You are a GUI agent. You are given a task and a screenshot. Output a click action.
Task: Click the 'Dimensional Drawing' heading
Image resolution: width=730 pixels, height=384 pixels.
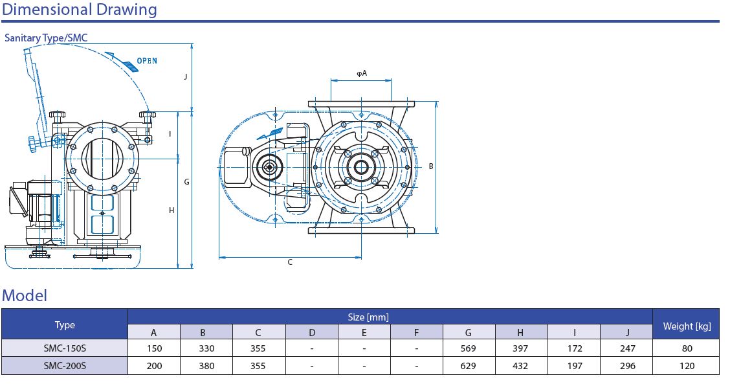[80, 10]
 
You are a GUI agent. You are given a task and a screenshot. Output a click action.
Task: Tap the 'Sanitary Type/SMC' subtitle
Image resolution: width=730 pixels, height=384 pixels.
[46, 38]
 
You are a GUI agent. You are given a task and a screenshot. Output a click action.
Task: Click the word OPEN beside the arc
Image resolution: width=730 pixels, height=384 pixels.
[147, 61]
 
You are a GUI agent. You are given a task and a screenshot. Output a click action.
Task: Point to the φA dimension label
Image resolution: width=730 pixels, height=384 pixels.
[362, 73]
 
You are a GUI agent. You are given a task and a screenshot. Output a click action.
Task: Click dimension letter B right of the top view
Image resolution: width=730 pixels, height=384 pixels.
[431, 166]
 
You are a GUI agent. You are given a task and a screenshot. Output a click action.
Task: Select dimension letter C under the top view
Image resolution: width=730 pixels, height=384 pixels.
[290, 262]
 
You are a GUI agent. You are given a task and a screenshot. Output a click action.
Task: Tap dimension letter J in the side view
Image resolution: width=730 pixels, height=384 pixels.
[186, 76]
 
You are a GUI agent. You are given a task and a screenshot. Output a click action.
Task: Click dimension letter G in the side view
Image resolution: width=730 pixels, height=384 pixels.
[186, 182]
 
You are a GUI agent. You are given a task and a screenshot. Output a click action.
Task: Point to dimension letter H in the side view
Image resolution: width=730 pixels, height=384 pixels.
[171, 210]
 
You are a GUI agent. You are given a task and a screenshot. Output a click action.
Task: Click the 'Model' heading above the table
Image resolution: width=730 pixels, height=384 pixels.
[25, 296]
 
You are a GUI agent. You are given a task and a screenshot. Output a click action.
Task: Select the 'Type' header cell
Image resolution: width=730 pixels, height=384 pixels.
[65, 325]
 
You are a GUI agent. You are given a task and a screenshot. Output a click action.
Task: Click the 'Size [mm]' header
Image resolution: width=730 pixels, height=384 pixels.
[368, 317]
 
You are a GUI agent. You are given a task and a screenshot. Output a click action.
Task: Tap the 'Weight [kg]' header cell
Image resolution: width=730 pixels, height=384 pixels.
[687, 326]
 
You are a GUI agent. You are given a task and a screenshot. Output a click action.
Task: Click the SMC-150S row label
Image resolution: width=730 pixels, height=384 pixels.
[65, 348]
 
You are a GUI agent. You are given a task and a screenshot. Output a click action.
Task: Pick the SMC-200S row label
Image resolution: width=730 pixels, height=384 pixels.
[65, 366]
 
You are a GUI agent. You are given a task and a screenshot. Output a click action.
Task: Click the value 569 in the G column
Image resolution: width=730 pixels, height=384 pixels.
[469, 348]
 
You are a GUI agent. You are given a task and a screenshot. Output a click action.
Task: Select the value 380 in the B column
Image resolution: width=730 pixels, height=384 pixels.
[206, 366]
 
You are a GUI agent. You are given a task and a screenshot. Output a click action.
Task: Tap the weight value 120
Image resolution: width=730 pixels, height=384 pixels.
[687, 366]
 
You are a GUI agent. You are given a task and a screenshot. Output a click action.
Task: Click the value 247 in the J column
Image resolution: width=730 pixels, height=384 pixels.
[626, 348]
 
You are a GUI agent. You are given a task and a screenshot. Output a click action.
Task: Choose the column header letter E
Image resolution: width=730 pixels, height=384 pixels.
[364, 333]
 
